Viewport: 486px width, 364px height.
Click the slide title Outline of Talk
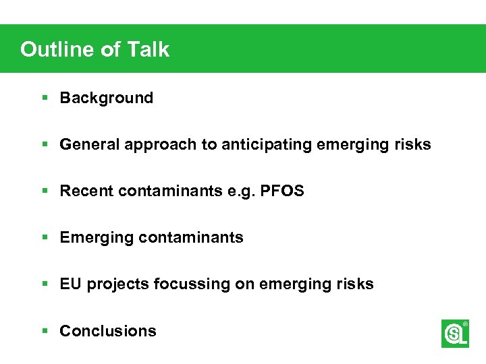(94, 49)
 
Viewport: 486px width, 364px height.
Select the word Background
(107, 98)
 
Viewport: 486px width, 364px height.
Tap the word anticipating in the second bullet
(262, 144)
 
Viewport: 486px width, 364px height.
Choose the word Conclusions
(108, 331)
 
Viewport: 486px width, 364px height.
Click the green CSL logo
(455, 334)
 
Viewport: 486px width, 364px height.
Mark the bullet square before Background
(45, 98)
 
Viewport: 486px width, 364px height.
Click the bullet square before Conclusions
(45, 331)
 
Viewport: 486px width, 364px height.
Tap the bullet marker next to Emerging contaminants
(45, 237)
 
